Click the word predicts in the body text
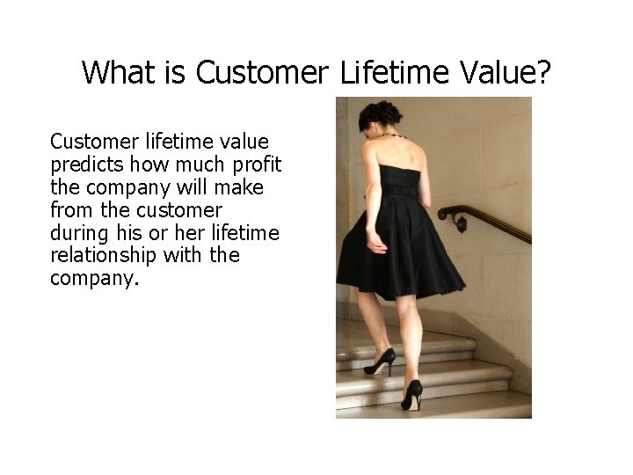86,164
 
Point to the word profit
256,164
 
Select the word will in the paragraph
195,187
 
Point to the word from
71,210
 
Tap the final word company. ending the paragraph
95,279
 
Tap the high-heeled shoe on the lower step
411,396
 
